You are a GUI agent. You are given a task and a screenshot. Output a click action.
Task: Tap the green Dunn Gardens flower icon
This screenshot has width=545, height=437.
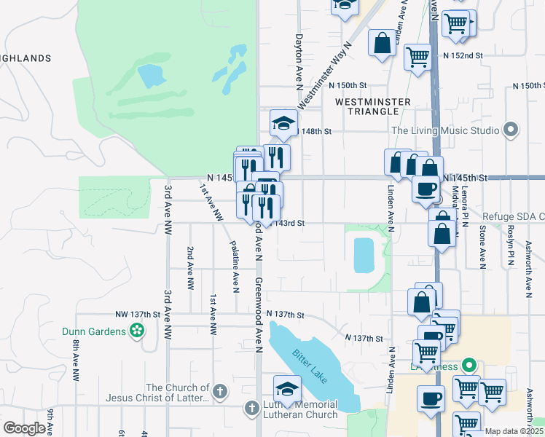point(136,331)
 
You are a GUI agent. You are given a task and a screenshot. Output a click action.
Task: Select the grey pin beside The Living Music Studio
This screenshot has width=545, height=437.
point(510,130)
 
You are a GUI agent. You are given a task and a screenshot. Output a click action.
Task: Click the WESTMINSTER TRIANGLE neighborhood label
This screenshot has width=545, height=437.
point(367,106)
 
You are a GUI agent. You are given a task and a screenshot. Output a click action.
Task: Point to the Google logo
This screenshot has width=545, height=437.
point(24,428)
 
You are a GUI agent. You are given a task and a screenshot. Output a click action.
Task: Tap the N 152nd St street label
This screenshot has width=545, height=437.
point(463,55)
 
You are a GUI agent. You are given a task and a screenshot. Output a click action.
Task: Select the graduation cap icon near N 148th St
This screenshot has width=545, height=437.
point(283,122)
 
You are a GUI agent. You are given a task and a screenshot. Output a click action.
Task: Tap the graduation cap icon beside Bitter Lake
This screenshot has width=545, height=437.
point(287,387)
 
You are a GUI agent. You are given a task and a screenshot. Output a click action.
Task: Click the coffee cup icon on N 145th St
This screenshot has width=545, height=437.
point(426,188)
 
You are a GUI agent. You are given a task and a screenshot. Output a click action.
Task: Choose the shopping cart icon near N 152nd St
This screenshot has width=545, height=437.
point(417,55)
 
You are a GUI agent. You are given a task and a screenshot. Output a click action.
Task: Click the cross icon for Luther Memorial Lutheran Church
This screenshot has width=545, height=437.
point(251,409)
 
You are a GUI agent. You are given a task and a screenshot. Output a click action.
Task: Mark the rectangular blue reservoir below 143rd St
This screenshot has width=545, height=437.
point(363,255)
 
